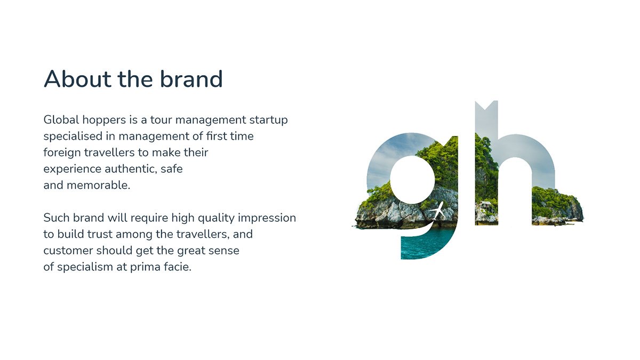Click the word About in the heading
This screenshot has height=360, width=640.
point(77,79)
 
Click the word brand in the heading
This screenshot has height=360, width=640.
point(191,78)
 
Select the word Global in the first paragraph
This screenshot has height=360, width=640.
point(61,119)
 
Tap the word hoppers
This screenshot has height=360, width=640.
point(104,121)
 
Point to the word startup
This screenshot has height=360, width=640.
point(268,121)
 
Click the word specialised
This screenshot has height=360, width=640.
point(73,137)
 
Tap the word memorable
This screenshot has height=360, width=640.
point(98,185)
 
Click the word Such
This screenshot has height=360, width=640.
point(57,218)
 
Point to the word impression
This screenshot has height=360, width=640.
point(267,218)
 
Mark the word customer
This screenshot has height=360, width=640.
point(68,251)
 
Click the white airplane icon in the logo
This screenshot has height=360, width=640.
point(437,211)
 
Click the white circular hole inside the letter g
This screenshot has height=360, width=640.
point(412,180)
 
